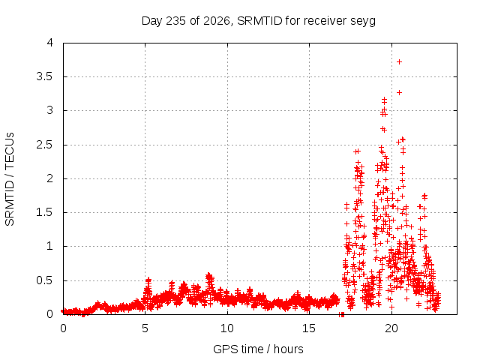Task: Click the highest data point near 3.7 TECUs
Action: coord(399,61)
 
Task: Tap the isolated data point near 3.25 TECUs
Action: coord(399,92)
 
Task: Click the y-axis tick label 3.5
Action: coord(45,76)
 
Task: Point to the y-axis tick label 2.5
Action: coord(45,145)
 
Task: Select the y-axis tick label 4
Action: coord(50,43)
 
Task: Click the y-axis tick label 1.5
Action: coord(45,212)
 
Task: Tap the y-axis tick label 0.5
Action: coord(45,280)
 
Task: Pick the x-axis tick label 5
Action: coord(145,328)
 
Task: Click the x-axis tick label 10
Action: coord(227,328)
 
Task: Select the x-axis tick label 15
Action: coord(309,328)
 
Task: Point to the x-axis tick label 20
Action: coord(391,328)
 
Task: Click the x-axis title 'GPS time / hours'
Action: coord(258,349)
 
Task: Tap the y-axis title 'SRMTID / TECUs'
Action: coord(10,179)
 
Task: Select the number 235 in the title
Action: coord(176,21)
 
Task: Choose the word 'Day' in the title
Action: coord(152,21)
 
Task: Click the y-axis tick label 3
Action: coord(50,110)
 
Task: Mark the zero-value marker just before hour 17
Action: coord(342,314)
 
